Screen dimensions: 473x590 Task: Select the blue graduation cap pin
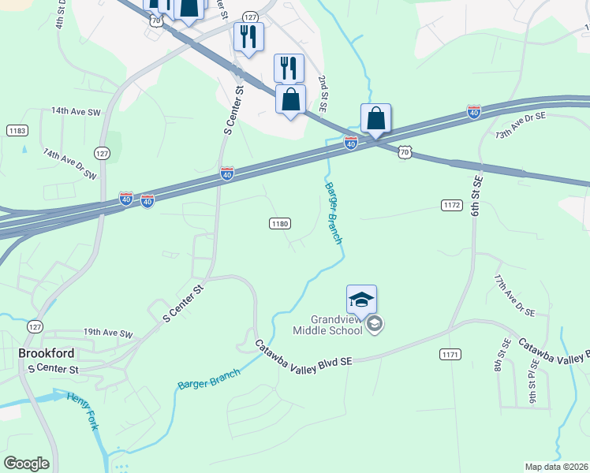point(361,301)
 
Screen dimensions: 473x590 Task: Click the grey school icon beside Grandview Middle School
point(375,324)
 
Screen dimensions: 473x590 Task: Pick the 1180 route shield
point(280,224)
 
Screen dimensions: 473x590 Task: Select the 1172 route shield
point(450,205)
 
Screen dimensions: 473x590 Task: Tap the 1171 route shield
point(450,355)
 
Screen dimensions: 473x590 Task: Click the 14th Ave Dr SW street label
point(69,163)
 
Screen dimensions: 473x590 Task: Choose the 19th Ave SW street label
point(109,333)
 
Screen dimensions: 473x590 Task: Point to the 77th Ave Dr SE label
point(513,296)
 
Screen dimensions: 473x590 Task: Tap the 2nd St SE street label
point(323,93)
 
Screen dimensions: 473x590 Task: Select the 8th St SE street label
point(500,356)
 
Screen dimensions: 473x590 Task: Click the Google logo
point(26,464)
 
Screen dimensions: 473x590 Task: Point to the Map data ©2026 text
point(556,467)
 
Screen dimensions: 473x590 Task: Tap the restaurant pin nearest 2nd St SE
point(289,69)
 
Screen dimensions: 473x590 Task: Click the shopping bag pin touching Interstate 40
point(376,120)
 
